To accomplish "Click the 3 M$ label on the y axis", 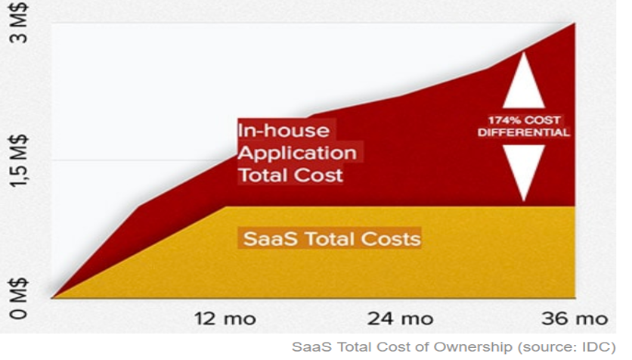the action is click(x=20, y=23).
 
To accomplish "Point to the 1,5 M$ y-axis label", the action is click(x=20, y=161).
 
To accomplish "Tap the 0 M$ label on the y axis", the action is click(x=20, y=299).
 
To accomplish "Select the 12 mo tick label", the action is click(x=225, y=319).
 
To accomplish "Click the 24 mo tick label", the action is click(x=400, y=319).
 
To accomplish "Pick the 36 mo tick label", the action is click(x=575, y=319).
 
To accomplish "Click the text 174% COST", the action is click(x=524, y=120).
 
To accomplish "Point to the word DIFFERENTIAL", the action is click(x=524, y=132).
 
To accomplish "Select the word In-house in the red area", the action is click(x=283, y=131).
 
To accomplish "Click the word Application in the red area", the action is click(x=297, y=154).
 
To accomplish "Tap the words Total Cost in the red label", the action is click(x=290, y=175).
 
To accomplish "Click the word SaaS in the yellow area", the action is click(x=271, y=239).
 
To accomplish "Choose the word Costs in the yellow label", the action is click(x=391, y=239).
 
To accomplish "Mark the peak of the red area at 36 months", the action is click(x=575, y=23).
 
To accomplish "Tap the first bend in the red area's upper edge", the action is click(x=139, y=206).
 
